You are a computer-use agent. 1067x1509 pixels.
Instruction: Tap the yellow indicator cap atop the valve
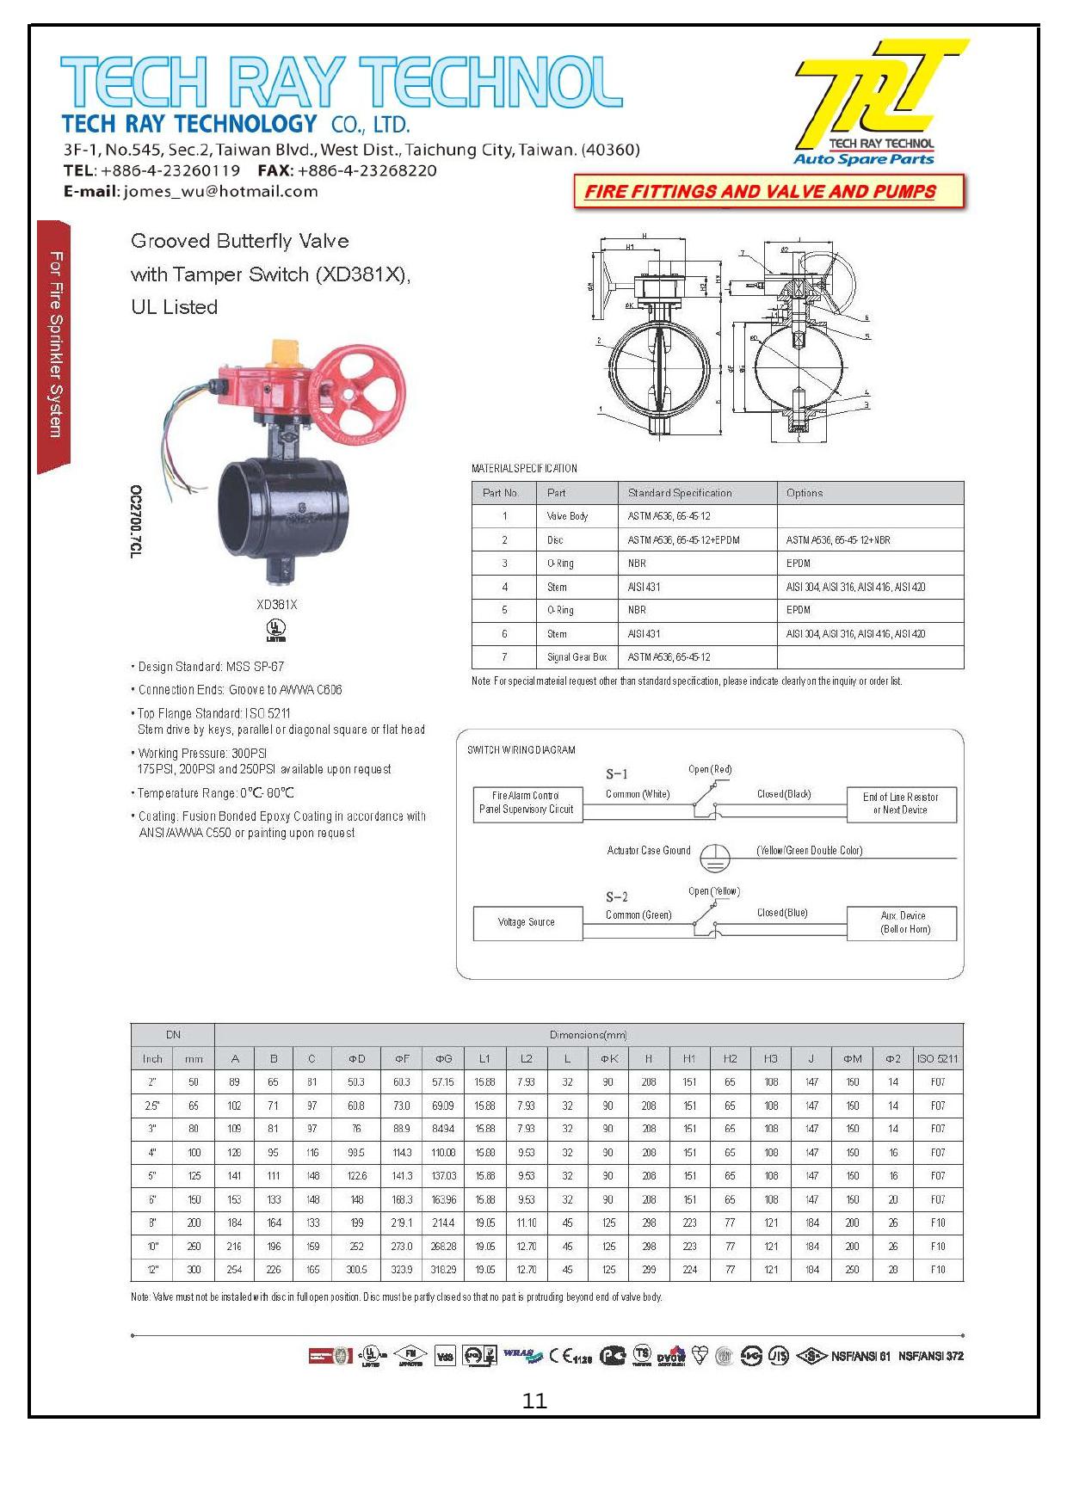tap(285, 353)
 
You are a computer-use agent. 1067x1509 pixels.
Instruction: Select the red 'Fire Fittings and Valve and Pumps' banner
tap(768, 191)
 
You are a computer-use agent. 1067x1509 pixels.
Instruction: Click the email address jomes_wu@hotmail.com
tap(220, 191)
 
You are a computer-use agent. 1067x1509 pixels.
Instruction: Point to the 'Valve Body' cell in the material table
tap(567, 516)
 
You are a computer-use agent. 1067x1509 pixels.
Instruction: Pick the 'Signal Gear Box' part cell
tap(577, 657)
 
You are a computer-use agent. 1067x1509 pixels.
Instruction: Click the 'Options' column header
tap(804, 493)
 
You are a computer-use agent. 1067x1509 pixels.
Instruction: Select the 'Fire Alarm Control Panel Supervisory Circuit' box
tap(527, 803)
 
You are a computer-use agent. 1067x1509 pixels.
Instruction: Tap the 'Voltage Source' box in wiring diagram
tap(527, 922)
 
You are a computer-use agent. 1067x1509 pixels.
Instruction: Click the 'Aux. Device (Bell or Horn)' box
tap(902, 922)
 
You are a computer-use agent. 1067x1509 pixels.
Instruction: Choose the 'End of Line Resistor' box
tap(901, 804)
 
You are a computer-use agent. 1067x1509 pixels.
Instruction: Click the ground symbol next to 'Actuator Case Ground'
tap(714, 853)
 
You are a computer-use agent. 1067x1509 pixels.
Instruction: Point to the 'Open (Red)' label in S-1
tap(710, 769)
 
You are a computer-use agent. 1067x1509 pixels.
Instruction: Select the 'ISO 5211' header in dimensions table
tap(937, 1058)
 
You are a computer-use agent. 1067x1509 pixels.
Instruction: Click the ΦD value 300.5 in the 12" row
tap(356, 1270)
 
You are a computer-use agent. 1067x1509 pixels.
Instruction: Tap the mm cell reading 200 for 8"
tap(194, 1223)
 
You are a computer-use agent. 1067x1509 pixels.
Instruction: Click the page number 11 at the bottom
tap(534, 1401)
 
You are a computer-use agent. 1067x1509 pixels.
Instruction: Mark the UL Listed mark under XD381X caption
tap(276, 630)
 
